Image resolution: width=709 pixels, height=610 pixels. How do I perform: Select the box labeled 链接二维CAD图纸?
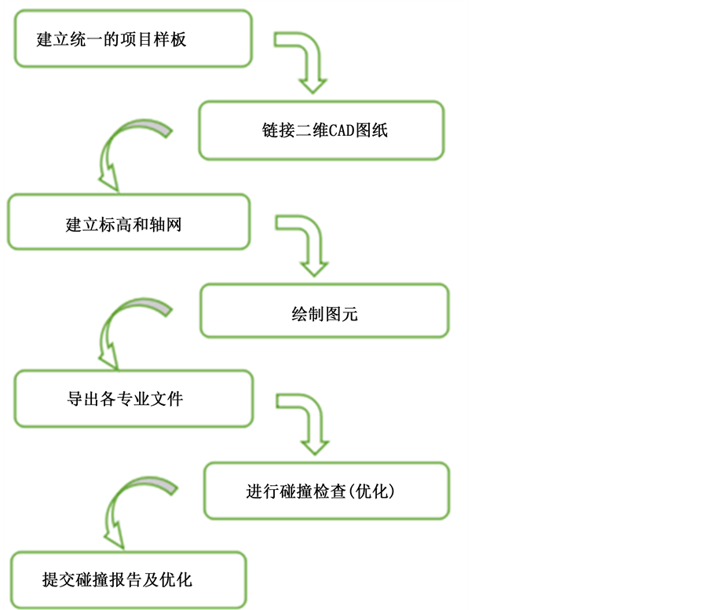[x=321, y=130]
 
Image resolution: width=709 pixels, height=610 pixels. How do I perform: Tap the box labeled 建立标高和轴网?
[x=129, y=222]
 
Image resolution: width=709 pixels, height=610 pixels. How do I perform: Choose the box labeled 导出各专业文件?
[x=133, y=399]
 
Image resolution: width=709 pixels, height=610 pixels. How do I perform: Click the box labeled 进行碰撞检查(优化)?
[x=327, y=491]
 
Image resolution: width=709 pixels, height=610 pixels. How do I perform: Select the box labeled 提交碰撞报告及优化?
[x=127, y=580]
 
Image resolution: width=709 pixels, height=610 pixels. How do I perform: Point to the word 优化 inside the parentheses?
[x=371, y=491]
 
